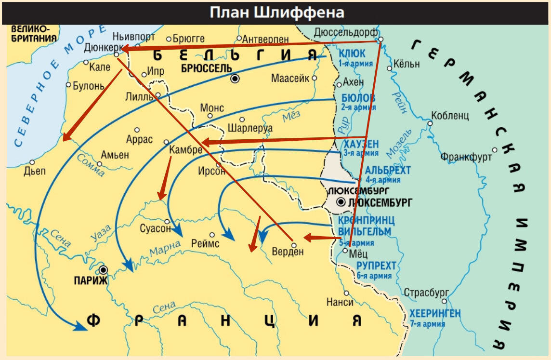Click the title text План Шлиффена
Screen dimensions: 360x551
tap(276, 12)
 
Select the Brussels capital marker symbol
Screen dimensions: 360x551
tap(235, 79)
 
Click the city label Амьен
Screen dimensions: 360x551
tap(115, 155)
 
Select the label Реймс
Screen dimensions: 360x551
tap(205, 244)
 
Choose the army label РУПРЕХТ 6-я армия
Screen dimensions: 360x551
tap(376, 270)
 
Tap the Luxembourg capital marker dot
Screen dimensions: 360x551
tap(341, 202)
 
